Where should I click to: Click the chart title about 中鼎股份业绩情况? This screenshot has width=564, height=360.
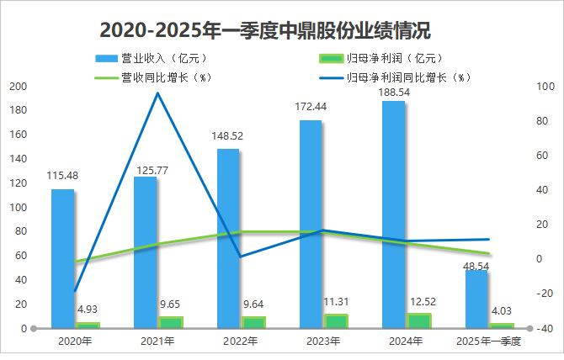coord(265,31)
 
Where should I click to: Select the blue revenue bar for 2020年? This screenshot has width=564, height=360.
coord(62,257)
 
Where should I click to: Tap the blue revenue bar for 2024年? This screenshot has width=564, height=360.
coord(394,214)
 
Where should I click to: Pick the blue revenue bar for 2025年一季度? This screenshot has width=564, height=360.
coord(476,299)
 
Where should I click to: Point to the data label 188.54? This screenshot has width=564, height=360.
coord(394,91)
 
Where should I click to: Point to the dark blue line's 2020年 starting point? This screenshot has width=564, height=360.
coord(75,291)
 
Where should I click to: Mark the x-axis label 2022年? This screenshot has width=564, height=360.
coord(241,341)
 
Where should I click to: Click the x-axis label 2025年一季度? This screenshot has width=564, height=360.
coord(489,341)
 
